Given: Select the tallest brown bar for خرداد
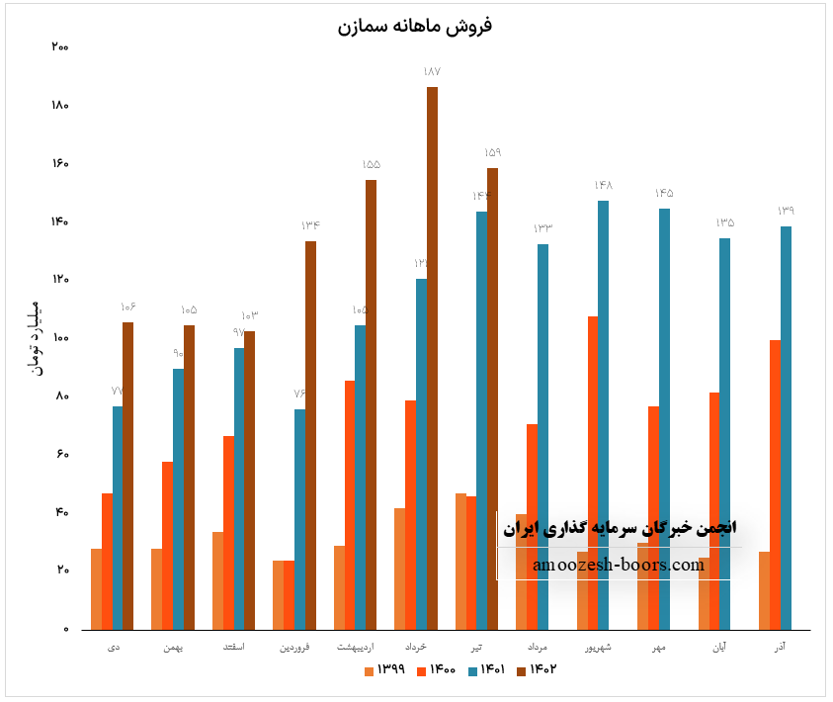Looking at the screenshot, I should (432, 356).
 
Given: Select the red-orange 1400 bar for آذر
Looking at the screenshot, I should (775, 484).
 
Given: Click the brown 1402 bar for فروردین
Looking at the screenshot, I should (310, 435).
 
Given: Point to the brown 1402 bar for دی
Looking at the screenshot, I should (127, 475).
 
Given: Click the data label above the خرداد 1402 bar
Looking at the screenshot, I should (432, 72).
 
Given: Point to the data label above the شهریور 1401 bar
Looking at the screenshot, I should (604, 186).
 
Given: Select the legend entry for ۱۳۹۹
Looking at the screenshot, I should (385, 669).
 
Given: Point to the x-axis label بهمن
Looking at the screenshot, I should (173, 647).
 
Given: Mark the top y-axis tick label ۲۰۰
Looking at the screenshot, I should (60, 47).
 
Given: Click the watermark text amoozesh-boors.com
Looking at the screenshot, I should (618, 566).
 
